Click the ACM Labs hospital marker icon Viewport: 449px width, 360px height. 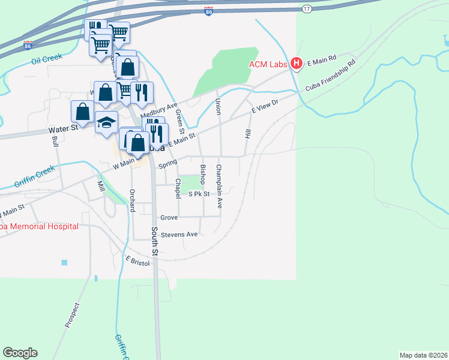(296, 63)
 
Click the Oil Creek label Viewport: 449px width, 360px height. (47, 60)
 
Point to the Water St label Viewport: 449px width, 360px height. (63, 128)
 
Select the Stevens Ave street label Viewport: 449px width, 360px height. (183, 235)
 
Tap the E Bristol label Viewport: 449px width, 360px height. (137, 262)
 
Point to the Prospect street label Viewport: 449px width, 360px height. (72, 314)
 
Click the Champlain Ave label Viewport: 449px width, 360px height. (219, 186)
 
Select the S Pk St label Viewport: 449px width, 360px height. (199, 194)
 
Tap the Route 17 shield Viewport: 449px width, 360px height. (307, 8)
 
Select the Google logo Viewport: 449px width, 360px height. (20, 353)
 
